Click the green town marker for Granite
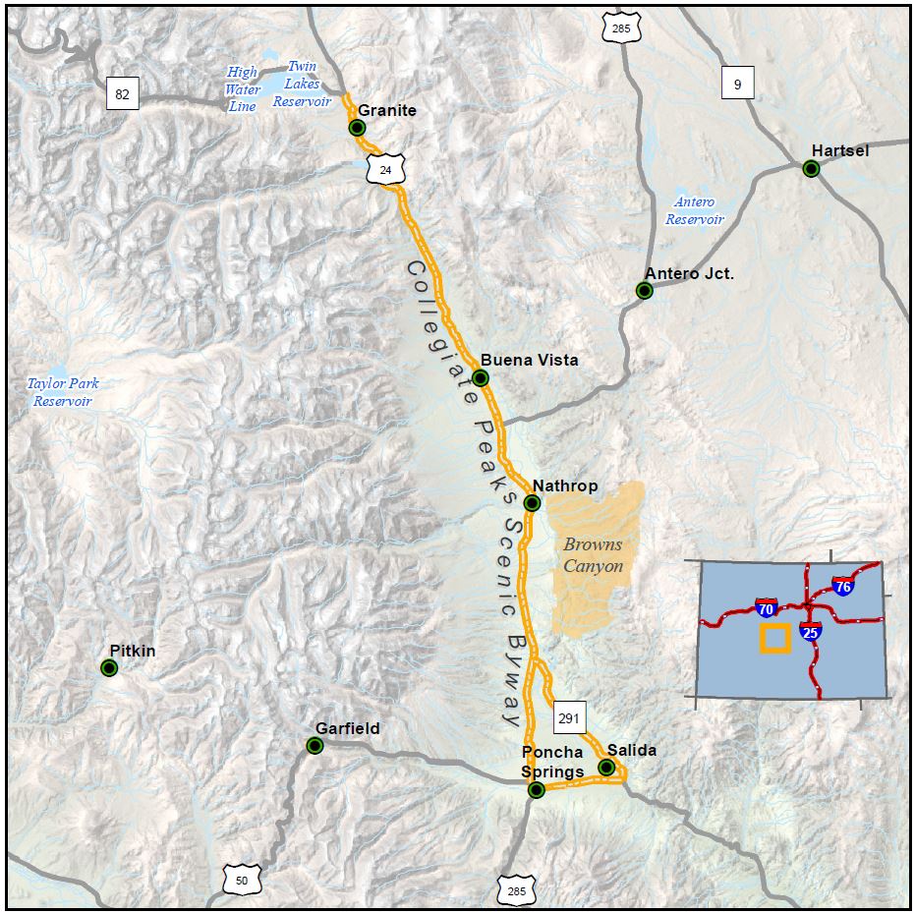[x=358, y=128]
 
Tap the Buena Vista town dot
[x=481, y=378]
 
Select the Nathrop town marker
[x=532, y=503]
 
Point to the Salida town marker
[x=606, y=768]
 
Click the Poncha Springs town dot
[x=536, y=790]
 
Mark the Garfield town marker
[x=315, y=746]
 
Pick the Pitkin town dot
[x=109, y=668]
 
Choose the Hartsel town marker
[x=811, y=169]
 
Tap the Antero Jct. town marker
[x=644, y=291]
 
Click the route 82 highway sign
[x=122, y=94]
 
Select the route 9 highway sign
[x=737, y=85]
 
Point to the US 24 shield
[x=385, y=170]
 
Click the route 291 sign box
[x=569, y=718]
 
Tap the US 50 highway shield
[x=242, y=880]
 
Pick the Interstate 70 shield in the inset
[x=767, y=608]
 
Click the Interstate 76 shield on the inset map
[x=842, y=588]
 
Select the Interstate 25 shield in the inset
[x=811, y=632]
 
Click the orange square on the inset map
[x=774, y=639]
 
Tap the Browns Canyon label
[x=593, y=555]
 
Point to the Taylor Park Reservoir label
[x=63, y=392]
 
